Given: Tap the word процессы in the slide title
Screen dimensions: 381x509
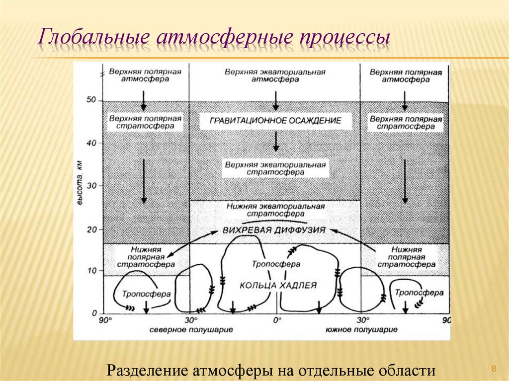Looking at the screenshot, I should [343, 39].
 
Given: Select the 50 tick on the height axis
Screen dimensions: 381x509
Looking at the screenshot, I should [91, 100].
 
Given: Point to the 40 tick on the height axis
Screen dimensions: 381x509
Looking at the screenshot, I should [91, 143].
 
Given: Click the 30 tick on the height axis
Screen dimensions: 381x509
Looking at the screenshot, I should [91, 186].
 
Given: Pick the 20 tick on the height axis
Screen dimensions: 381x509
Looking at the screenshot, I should [91, 229].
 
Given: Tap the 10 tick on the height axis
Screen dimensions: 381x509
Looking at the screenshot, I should [91, 271].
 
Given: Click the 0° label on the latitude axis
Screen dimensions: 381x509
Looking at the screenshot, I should [276, 320].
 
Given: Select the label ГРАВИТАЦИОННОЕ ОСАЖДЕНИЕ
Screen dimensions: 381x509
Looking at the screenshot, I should [275, 121].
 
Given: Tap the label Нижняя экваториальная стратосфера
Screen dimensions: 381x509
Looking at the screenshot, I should [275, 209].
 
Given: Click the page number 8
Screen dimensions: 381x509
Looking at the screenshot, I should [494, 368].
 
